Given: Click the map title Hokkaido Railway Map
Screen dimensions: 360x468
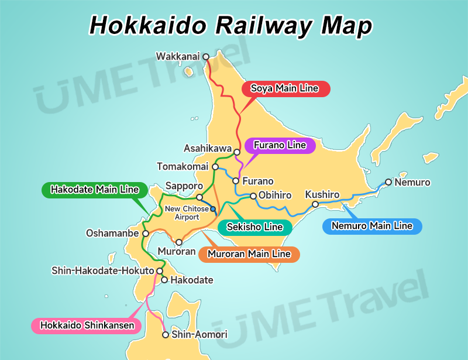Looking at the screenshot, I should tap(230, 25).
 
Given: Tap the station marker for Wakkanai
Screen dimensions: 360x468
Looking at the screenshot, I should tap(206, 57).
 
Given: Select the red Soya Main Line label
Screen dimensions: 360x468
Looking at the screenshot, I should tap(285, 89).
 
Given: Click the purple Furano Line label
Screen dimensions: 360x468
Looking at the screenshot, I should tap(280, 145).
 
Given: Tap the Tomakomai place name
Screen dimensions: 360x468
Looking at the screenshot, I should tap(183, 167).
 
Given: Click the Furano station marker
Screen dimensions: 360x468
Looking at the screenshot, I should tap(236, 181).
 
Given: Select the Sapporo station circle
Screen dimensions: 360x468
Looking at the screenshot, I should tap(199, 197).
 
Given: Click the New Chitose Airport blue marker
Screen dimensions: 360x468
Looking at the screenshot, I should tap(213, 209).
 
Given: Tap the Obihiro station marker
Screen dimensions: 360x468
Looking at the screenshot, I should tap(253, 196).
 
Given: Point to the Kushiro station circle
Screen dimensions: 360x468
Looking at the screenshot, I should tap(315, 204).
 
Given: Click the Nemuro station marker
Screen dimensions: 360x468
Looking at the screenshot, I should tap(388, 183).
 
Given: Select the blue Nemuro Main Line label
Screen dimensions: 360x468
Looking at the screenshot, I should tap(372, 226).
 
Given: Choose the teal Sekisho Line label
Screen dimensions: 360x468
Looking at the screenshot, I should tap(254, 227).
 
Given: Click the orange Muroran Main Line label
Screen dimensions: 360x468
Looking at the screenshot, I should tap(249, 254).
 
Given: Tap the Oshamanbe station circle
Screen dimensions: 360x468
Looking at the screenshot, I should tap(146, 233).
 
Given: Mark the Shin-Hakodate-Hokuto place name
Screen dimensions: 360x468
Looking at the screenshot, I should tap(102, 271).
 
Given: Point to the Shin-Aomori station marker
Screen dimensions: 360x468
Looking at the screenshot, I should tap(166, 335).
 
